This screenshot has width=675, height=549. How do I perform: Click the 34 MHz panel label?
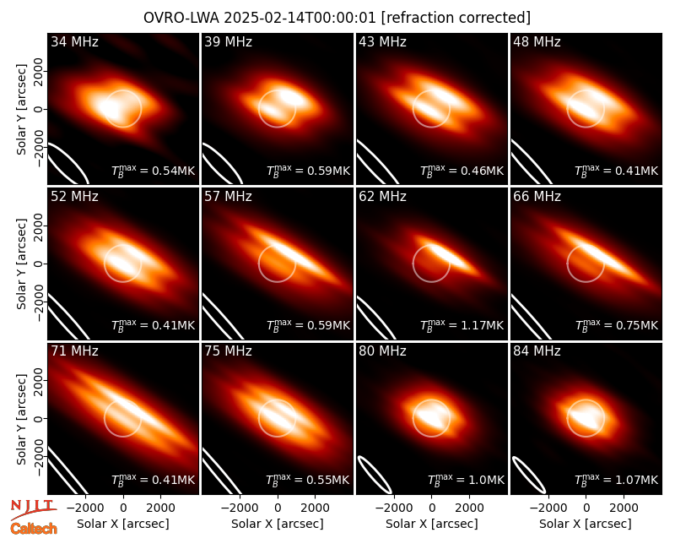pos(74,41)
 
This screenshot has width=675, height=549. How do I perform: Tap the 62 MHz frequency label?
pos(383,197)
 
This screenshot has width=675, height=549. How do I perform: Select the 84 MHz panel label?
pos(537,351)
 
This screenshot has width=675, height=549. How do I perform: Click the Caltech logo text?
pos(34,529)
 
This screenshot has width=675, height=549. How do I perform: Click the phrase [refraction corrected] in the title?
pos(456,18)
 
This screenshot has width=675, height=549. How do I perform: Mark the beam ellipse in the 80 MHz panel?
pos(375,475)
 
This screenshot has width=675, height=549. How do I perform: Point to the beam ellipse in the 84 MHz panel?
pos(529,475)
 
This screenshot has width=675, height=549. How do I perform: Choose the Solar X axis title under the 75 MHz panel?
pos(278,524)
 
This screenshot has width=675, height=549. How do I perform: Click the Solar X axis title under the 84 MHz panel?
pos(586,524)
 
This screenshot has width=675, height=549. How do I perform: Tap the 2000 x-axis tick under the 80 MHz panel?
pos(469,508)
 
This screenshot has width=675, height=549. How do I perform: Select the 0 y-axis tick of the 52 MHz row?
pos(39,264)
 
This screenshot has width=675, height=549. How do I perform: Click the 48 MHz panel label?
pos(537,41)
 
